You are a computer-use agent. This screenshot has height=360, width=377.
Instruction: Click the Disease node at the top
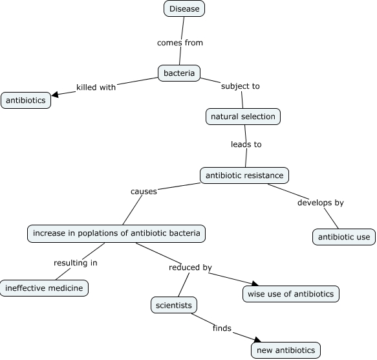pyautogui.click(x=184, y=8)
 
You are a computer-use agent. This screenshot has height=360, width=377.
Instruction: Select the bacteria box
pyautogui.click(x=179, y=73)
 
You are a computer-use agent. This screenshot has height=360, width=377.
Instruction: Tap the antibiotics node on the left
pyautogui.click(x=26, y=100)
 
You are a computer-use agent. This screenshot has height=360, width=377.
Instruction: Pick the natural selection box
pyautogui.click(x=242, y=117)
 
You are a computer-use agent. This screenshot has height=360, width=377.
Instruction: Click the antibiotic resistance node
pyautogui.click(x=244, y=175)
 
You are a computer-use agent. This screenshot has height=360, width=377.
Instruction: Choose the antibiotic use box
pyautogui.click(x=343, y=237)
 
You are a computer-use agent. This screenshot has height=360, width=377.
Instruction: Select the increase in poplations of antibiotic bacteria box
pyautogui.click(x=116, y=233)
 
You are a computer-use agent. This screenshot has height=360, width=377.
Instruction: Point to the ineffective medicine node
pyautogui.click(x=44, y=288)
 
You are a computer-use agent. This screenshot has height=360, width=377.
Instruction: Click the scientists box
pyautogui.click(x=173, y=304)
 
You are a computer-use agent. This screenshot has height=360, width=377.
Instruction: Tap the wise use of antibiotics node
pyautogui.click(x=290, y=293)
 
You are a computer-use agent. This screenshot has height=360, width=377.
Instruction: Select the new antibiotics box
pyautogui.click(x=286, y=350)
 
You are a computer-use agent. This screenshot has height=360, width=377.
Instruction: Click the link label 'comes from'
pyautogui.click(x=180, y=43)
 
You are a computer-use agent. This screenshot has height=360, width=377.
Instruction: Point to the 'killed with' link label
pyautogui.click(x=96, y=87)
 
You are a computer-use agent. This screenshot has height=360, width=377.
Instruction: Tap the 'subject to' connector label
pyautogui.click(x=240, y=85)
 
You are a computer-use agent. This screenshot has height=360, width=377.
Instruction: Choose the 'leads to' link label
pyautogui.click(x=246, y=144)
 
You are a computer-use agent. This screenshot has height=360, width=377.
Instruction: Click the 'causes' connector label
pyautogui.click(x=144, y=192)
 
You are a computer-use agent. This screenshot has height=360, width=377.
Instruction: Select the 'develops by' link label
pyautogui.click(x=320, y=203)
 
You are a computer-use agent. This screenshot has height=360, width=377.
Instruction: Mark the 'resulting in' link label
pyautogui.click(x=76, y=263)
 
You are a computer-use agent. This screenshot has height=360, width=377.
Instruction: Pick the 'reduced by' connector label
pyautogui.click(x=190, y=267)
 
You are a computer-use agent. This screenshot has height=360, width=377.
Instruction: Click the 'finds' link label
pyautogui.click(x=222, y=328)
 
